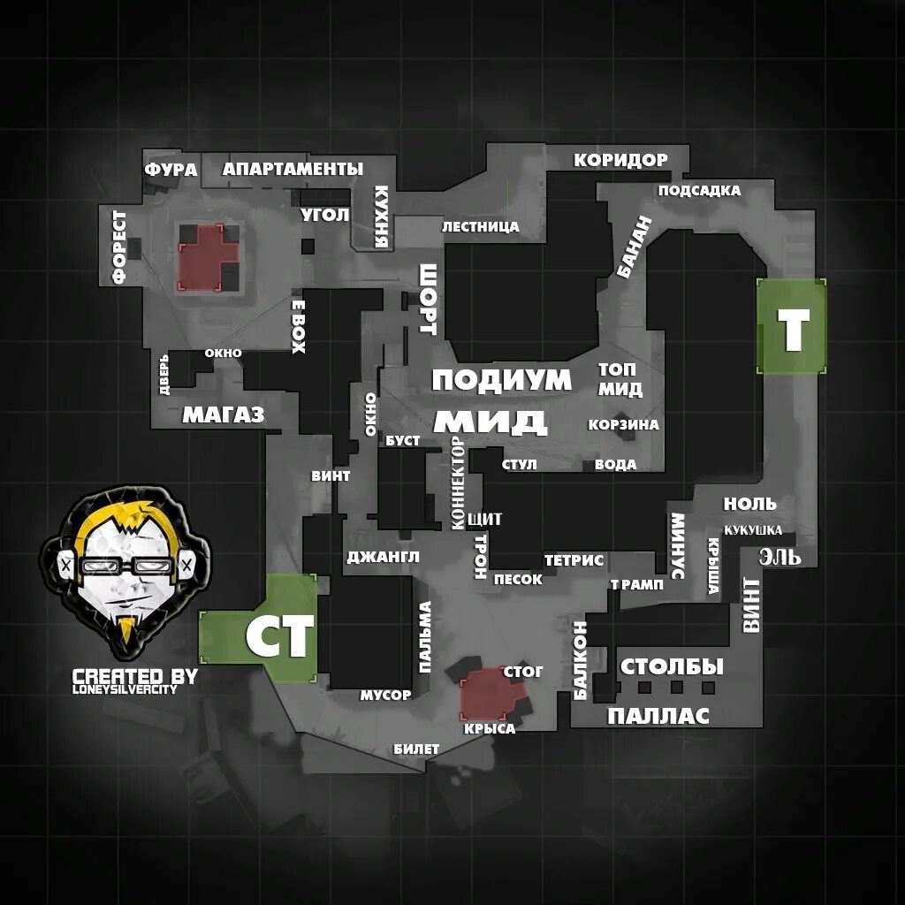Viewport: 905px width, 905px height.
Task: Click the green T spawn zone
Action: [792, 327]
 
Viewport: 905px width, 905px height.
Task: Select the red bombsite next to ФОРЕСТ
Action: [209, 256]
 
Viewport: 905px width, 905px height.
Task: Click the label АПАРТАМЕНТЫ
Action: [293, 169]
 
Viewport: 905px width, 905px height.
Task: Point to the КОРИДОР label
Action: [620, 160]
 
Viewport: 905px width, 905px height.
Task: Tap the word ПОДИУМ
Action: [501, 380]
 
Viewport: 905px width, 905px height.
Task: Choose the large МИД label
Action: [491, 421]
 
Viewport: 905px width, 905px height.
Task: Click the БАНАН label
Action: [633, 247]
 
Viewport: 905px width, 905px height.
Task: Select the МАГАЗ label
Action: [223, 414]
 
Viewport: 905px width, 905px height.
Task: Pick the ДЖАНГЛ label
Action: [383, 557]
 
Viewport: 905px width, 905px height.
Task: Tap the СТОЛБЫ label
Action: [672, 666]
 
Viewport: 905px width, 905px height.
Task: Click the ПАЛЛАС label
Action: [658, 716]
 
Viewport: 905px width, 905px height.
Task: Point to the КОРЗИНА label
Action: [624, 425]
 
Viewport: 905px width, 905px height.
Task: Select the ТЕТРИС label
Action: [574, 560]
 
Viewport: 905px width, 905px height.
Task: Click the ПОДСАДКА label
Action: [699, 191]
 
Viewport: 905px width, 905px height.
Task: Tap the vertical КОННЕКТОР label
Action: [457, 483]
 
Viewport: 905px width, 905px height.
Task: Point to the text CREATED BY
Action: [134, 676]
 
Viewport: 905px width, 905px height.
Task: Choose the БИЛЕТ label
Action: [416, 749]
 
